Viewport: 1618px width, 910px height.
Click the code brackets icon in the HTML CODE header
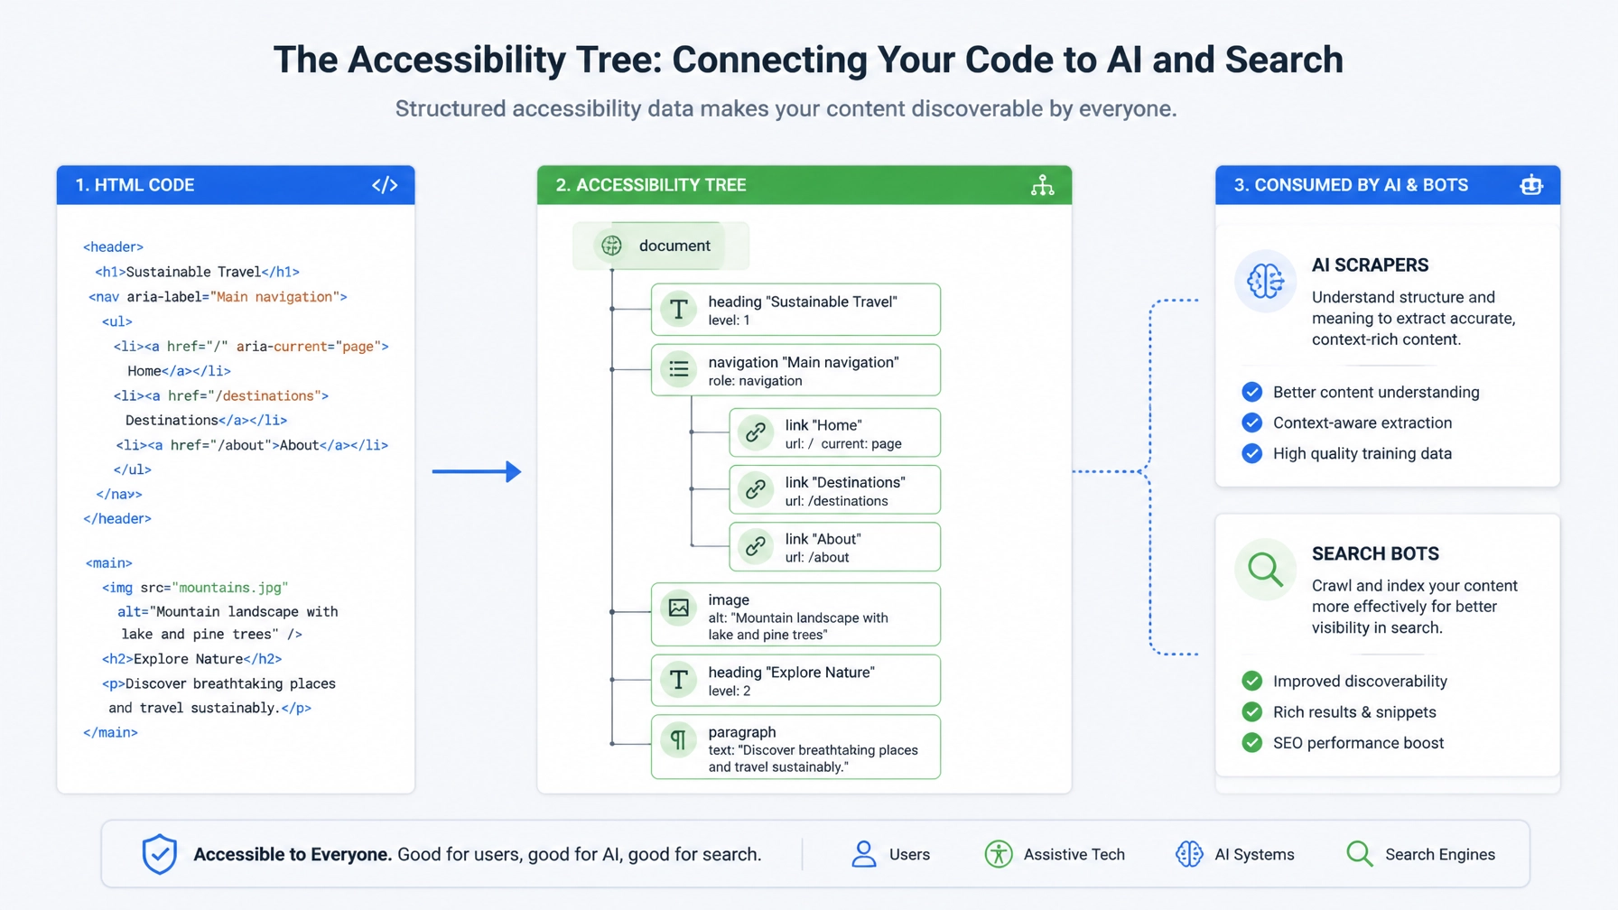point(385,185)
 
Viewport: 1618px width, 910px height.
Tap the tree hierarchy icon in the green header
point(1043,185)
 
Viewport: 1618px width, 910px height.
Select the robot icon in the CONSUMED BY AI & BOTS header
point(1531,185)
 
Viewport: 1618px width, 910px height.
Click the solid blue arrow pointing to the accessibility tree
point(477,471)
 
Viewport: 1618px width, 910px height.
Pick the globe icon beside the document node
point(611,246)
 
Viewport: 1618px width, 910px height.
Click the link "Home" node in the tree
point(834,433)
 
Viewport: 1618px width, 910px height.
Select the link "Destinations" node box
point(834,490)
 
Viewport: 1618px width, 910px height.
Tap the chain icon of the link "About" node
point(756,547)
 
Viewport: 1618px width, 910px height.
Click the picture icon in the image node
point(679,608)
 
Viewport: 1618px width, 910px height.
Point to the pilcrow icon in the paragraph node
point(679,740)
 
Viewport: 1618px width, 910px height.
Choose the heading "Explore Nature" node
point(795,681)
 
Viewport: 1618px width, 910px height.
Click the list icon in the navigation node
point(679,369)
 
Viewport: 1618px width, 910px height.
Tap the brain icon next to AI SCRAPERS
point(1265,282)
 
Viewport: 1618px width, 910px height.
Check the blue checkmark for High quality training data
point(1251,453)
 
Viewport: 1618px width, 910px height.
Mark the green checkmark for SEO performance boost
point(1251,743)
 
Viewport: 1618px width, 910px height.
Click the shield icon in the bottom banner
point(160,854)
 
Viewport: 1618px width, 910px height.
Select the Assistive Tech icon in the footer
point(998,854)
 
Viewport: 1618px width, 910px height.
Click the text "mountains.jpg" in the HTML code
point(230,588)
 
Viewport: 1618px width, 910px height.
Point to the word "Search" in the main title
point(1284,60)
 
